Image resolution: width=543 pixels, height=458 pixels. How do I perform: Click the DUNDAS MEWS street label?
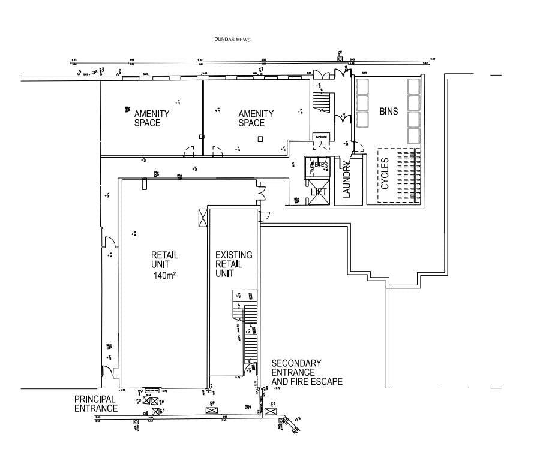[232, 40]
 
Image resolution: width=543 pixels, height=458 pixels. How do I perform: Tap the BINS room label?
[389, 112]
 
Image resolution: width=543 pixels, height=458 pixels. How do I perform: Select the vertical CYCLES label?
[385, 173]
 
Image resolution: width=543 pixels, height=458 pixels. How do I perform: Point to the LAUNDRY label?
[346, 179]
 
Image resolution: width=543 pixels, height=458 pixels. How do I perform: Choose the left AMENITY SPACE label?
[151, 118]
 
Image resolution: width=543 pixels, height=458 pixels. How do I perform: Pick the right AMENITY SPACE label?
[256, 118]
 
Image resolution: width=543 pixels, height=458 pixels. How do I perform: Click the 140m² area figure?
[164, 275]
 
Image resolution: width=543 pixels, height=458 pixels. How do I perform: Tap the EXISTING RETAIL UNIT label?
[233, 264]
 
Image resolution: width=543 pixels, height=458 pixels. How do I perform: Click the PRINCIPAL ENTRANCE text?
[95, 403]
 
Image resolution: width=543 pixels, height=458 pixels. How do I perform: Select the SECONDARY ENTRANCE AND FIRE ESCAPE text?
[307, 372]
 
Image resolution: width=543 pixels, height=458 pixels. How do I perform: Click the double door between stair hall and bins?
[343, 118]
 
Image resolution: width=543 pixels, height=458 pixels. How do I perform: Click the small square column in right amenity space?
[260, 139]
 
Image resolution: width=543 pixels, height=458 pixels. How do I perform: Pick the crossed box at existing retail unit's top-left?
[202, 216]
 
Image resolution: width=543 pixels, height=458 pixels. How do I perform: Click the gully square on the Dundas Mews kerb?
[340, 59]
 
